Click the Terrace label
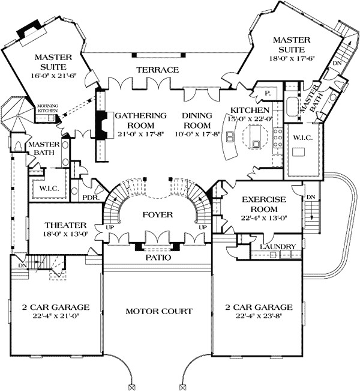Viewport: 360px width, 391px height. click(x=157, y=70)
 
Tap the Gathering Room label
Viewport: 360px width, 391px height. click(x=140, y=121)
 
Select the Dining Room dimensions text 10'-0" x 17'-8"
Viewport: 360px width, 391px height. click(x=197, y=135)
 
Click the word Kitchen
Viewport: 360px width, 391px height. click(x=249, y=111)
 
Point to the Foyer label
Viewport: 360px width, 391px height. click(x=158, y=214)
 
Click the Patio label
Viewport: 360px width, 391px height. click(x=158, y=257)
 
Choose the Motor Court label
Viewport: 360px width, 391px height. click(x=158, y=311)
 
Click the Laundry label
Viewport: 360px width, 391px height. click(x=277, y=247)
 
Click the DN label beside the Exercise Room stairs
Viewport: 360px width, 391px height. click(x=311, y=198)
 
